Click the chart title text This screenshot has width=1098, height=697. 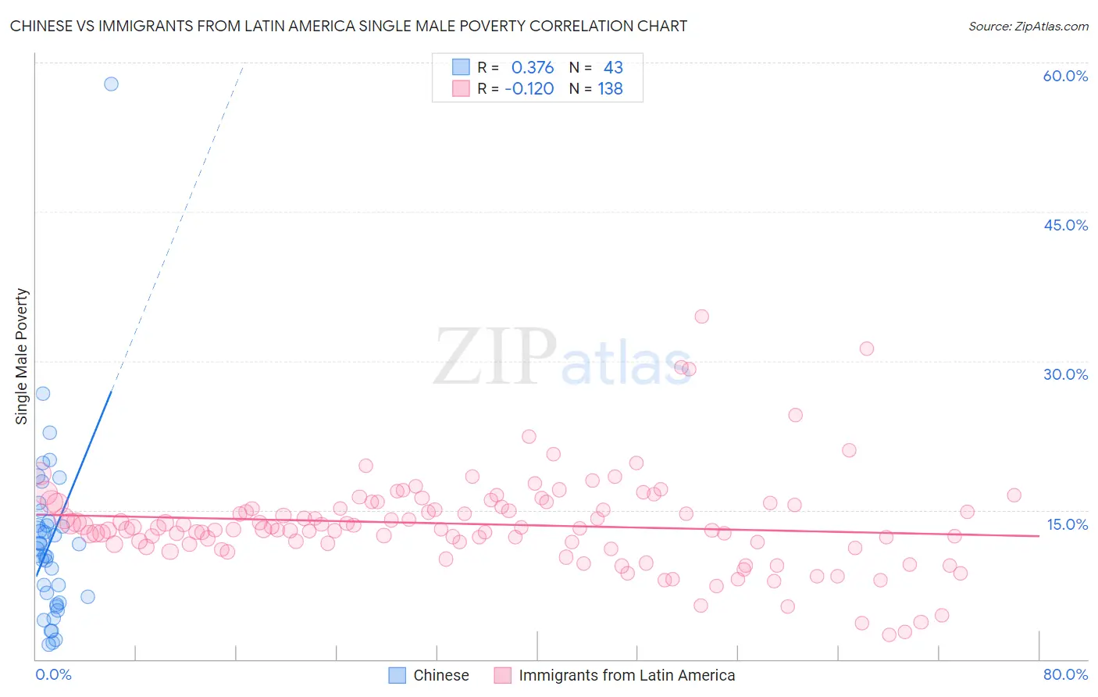click(x=348, y=26)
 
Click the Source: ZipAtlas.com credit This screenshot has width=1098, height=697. click(x=1028, y=26)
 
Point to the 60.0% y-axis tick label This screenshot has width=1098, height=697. click(x=1065, y=76)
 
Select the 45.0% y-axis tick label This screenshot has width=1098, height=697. click(x=1065, y=225)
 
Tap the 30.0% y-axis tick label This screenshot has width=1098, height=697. click(x=1065, y=374)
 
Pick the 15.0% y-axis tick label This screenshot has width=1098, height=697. click(x=1067, y=524)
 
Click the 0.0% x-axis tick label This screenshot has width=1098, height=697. click(x=53, y=674)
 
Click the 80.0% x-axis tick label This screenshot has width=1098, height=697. click(x=1065, y=674)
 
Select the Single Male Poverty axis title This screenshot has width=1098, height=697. click(x=22, y=356)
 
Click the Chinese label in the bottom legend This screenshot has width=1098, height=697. click(x=440, y=675)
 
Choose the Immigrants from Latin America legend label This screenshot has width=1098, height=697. click(x=626, y=675)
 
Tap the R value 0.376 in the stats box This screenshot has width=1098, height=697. click(x=533, y=68)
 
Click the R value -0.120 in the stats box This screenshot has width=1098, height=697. click(x=529, y=89)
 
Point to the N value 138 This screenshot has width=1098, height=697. click(x=610, y=89)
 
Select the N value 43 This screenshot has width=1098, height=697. click(x=613, y=68)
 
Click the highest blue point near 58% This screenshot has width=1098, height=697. click(x=111, y=84)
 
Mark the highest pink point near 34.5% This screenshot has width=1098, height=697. click(x=701, y=316)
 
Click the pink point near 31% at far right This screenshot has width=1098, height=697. click(x=866, y=348)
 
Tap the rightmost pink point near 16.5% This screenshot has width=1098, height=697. click(x=1014, y=495)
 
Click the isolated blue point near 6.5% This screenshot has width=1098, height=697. click(x=87, y=596)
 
